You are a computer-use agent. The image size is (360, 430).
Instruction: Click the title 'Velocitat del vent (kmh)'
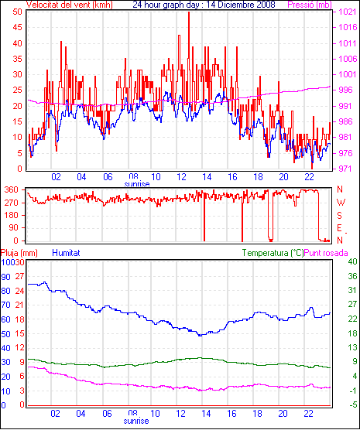[70, 5]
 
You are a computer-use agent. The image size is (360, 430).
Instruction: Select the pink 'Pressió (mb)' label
[310, 5]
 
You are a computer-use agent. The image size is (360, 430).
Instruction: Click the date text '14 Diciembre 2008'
[240, 5]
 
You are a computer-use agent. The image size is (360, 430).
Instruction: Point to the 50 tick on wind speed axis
[17, 12]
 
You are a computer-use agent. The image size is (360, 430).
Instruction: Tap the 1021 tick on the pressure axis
[348, 12]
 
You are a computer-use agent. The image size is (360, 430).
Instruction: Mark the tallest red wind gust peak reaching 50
[189, 12]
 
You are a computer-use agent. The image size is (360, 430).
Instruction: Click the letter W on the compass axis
[341, 203]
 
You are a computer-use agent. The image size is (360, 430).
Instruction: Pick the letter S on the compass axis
[339, 216]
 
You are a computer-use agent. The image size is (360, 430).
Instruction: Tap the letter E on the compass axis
[339, 228]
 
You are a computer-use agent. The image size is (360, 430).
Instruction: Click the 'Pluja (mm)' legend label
[19, 253]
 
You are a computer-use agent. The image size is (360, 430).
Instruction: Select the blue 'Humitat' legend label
[66, 253]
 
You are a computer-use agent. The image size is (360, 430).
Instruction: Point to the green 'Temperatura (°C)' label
[273, 253]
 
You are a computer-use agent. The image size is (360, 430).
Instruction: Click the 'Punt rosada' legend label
[326, 253]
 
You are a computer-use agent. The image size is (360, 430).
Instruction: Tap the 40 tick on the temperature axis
[352, 261]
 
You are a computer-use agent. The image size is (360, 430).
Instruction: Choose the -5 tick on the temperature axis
[353, 404]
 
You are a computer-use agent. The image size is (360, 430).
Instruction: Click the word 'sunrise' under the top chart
[137, 184]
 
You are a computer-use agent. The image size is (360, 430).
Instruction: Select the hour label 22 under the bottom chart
[308, 413]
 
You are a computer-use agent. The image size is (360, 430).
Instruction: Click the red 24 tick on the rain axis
[19, 291]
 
